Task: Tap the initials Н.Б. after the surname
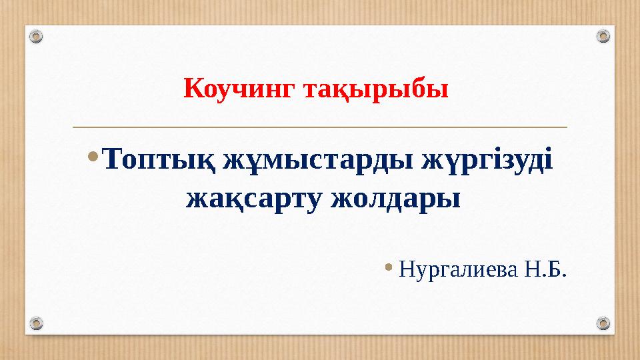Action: (x=548, y=270)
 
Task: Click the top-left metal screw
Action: (x=37, y=36)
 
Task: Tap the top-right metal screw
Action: (x=603, y=36)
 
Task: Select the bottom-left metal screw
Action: (x=37, y=323)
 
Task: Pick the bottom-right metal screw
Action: (x=603, y=323)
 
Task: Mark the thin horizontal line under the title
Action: (x=320, y=127)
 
